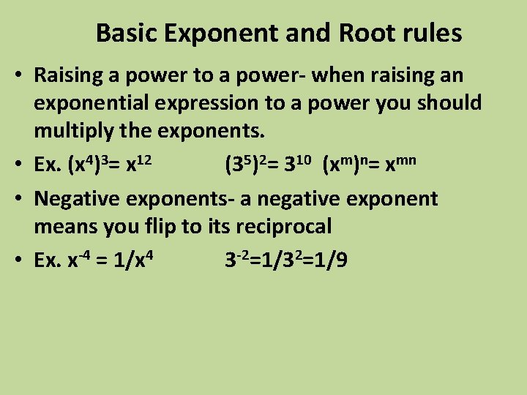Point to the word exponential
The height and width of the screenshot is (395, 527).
pos(94,103)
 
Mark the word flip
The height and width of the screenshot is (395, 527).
pos(157,227)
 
